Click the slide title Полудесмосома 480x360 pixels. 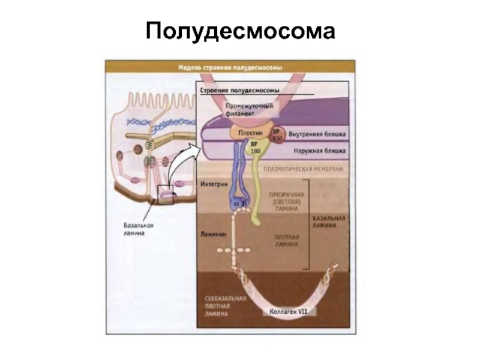[x=239, y=31]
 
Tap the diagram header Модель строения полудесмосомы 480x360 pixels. [x=230, y=67]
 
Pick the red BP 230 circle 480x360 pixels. [x=277, y=135]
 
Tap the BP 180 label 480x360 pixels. [x=255, y=148]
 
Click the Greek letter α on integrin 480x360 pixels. [x=236, y=204]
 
